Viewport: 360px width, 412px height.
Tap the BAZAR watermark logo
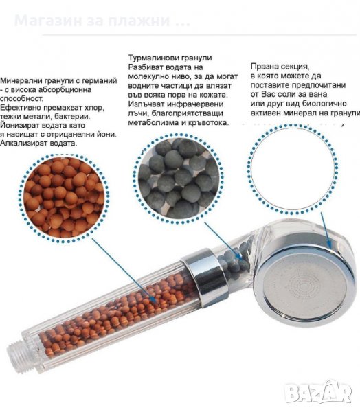(317, 392)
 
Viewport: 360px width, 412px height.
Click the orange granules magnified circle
(64, 198)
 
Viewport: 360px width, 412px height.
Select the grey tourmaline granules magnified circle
(179, 178)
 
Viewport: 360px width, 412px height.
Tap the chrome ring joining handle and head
(205, 277)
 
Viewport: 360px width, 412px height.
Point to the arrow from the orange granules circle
(124, 271)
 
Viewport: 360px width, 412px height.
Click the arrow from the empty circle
(325, 230)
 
